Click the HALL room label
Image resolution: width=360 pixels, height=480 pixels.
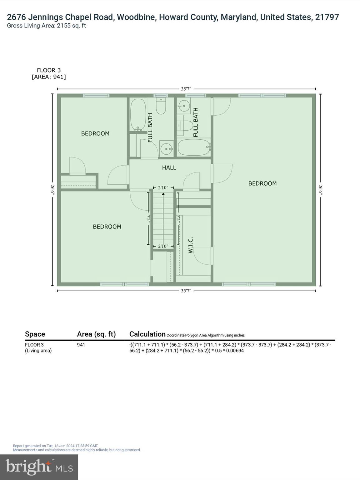coord(169,168)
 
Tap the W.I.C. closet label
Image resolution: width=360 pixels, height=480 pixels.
coord(191,245)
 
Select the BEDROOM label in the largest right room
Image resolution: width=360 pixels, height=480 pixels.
coord(262,184)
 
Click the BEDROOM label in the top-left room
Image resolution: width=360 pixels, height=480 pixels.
coord(95,134)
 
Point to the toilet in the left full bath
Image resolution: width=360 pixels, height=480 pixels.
coord(161,107)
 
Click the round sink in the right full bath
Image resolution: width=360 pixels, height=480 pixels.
coord(184,106)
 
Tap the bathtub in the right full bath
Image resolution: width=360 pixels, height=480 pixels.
coord(194,147)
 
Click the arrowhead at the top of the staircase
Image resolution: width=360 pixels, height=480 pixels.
coord(163,194)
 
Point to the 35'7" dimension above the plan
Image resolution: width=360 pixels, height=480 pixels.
coord(186,89)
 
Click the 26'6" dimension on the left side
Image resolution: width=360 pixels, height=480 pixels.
coord(52,190)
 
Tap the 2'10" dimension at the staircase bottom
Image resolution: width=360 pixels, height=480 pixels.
coord(163,246)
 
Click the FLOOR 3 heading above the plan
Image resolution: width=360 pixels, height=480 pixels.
coord(49,70)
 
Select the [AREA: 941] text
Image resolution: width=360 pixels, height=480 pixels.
coord(49,77)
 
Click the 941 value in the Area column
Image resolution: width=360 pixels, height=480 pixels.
coord(81,345)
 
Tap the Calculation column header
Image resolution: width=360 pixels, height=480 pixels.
coord(147,334)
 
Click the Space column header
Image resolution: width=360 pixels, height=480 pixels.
coord(35,334)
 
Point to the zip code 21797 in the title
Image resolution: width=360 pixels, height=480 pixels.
coord(327,17)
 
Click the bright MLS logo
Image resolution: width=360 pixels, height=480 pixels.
coord(39,467)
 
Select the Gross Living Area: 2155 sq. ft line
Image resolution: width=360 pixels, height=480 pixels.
coord(46,26)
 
